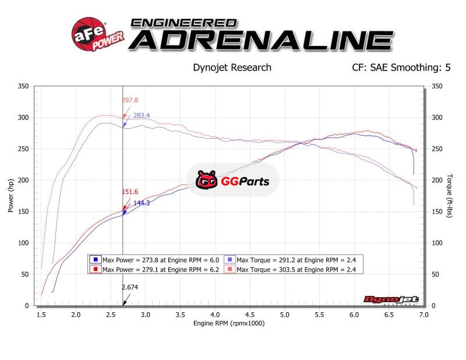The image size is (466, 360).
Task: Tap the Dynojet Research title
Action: click(x=232, y=68)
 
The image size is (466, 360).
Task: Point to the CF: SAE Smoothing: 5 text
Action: click(x=401, y=68)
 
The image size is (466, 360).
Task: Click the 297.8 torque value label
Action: click(x=129, y=100)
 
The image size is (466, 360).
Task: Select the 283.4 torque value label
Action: click(x=142, y=115)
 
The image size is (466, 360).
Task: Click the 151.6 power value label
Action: click(x=130, y=192)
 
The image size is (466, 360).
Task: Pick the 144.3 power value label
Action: click(x=142, y=203)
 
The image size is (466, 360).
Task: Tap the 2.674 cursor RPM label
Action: click(x=130, y=287)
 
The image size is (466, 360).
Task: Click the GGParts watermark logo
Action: click(x=233, y=181)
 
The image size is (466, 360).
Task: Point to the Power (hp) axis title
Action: click(x=10, y=195)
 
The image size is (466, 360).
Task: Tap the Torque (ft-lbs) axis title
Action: click(x=450, y=196)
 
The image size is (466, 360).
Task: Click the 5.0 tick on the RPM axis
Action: click(x=284, y=315)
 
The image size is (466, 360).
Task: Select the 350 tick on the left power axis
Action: click(x=23, y=86)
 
